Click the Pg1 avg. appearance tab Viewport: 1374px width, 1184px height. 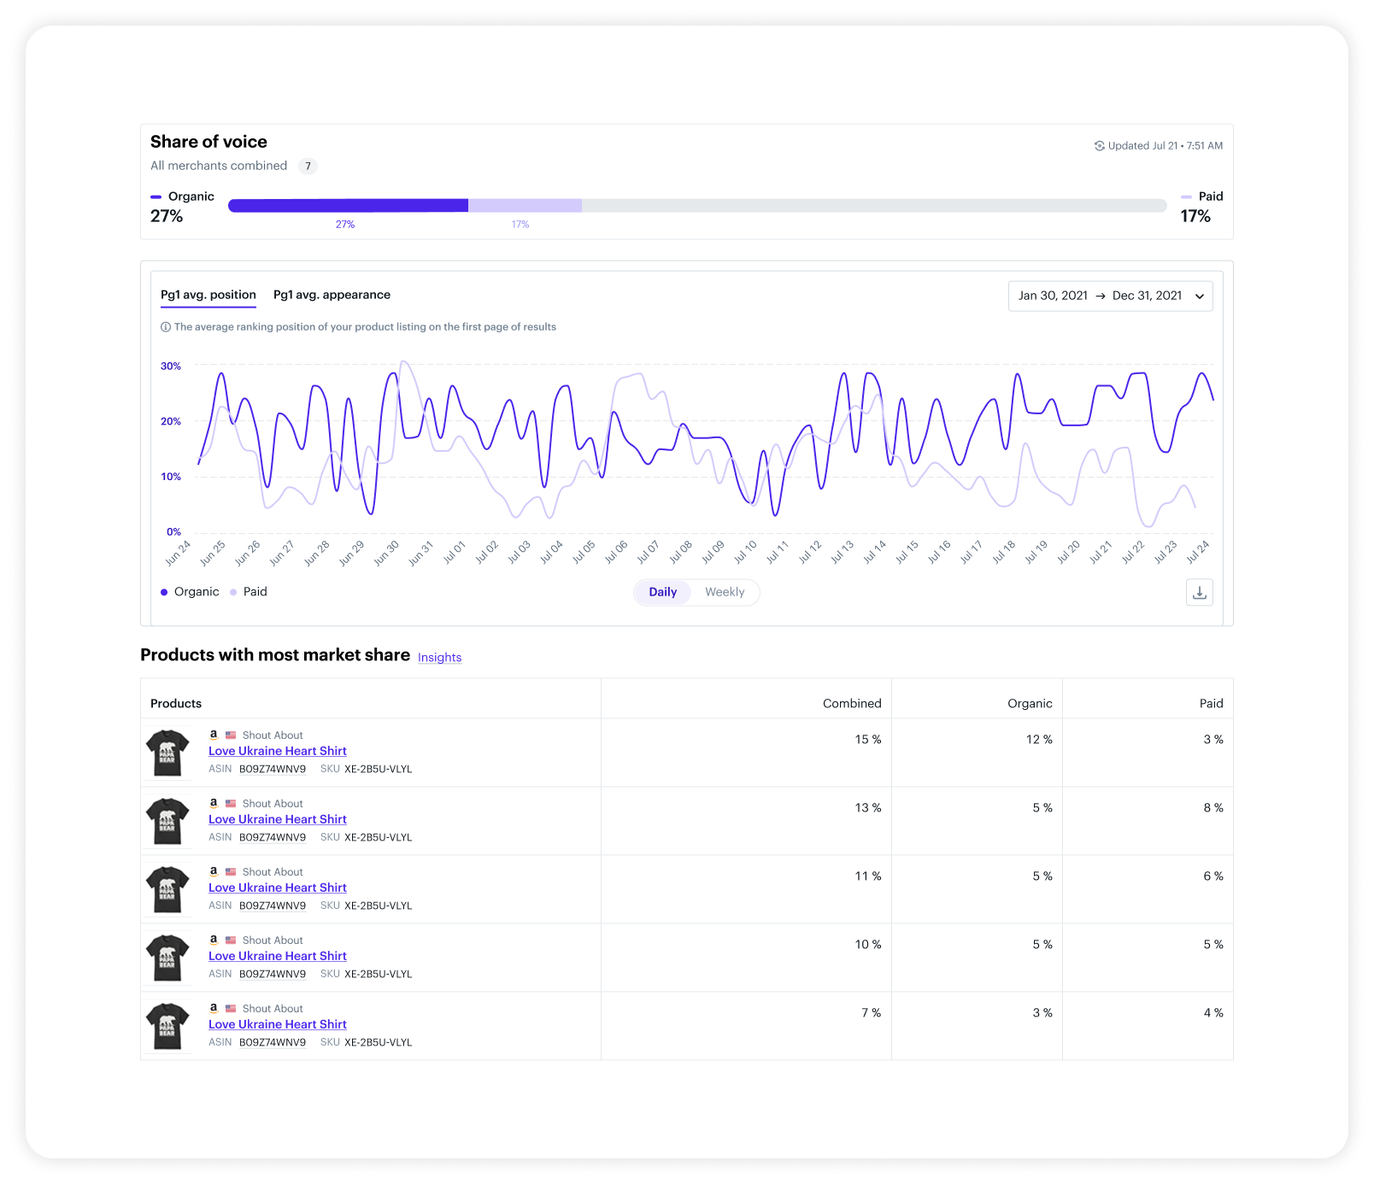(332, 295)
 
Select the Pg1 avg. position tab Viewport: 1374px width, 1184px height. (208, 295)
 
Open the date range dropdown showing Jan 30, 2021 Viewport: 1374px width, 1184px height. (1110, 296)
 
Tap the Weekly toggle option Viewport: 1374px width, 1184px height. (725, 592)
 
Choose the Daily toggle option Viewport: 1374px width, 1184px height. (662, 592)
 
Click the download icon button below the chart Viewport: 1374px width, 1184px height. (1199, 592)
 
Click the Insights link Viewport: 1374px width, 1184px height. (439, 657)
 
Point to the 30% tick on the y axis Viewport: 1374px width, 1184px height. (171, 366)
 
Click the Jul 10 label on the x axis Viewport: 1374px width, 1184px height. (745, 552)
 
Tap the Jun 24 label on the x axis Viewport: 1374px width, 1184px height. (178, 553)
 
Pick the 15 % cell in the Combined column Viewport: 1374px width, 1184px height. (867, 739)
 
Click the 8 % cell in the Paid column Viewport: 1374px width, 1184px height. (1213, 807)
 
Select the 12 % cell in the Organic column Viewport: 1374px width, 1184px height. (1039, 739)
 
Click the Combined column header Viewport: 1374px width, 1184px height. (851, 703)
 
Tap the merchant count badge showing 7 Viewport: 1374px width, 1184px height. (308, 166)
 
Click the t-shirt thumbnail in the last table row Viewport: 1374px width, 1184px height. (167, 1026)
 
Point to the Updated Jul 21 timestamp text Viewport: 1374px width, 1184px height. (1164, 146)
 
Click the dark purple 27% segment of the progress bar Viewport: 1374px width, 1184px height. (348, 205)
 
